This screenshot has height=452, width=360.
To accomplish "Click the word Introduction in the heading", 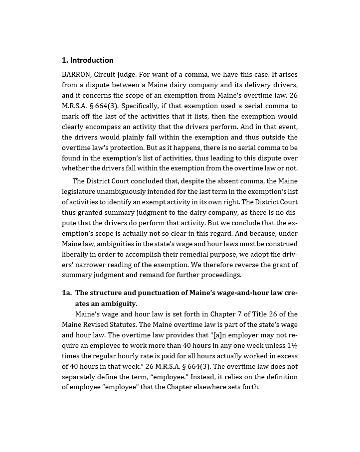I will (91, 60).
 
